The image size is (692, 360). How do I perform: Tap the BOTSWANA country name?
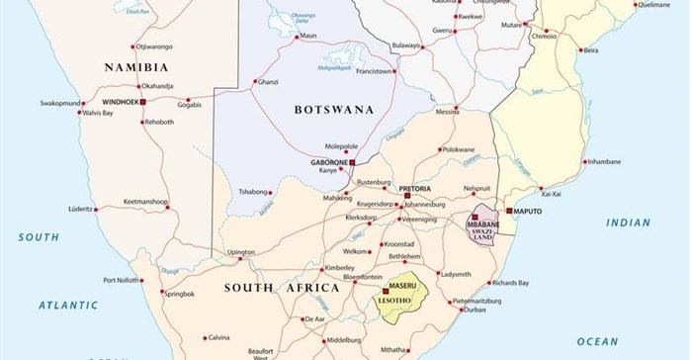[335, 110]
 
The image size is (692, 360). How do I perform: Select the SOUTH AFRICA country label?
[282, 288]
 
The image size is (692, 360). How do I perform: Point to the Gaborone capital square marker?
[352, 161]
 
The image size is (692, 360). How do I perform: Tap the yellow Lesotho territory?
[403, 297]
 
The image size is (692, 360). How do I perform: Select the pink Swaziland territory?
[482, 230]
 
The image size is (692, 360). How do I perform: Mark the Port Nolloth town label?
[123, 280]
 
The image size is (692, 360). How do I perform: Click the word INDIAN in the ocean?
[629, 223]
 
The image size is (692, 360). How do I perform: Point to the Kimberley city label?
[339, 268]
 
